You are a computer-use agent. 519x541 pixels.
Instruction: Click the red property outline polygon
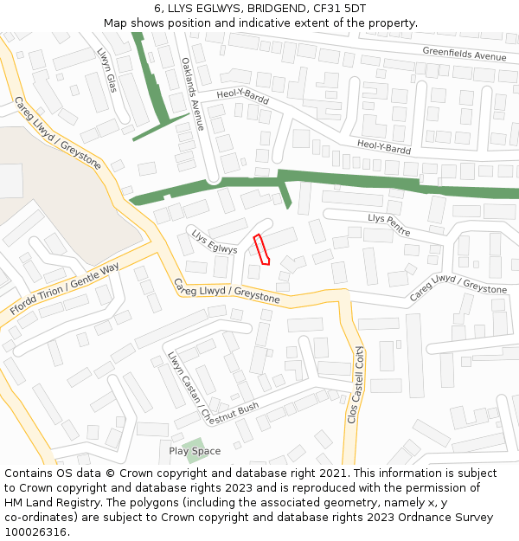click(260, 248)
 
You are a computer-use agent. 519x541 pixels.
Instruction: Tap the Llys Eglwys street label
click(214, 242)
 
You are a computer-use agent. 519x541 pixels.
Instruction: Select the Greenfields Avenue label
click(464, 55)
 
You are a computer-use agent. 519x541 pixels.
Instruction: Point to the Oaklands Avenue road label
click(193, 93)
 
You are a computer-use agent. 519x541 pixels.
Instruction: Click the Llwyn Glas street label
click(106, 69)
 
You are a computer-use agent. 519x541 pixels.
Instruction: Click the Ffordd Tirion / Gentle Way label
click(64, 290)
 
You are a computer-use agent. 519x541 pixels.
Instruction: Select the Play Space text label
click(195, 451)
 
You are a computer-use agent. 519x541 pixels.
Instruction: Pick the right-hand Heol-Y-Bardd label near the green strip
click(384, 147)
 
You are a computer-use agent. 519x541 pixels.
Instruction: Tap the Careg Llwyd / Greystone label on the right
click(458, 288)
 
